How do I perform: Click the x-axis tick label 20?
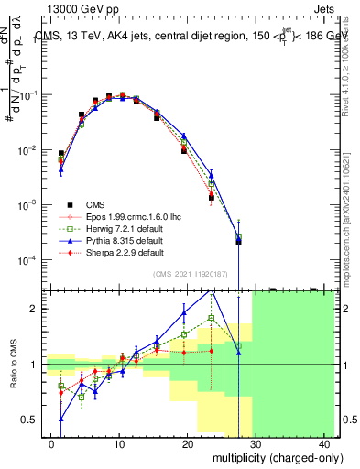tap(187, 443)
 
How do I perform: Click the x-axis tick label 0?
tap(51, 443)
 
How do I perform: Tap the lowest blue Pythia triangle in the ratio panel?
tap(60, 419)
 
